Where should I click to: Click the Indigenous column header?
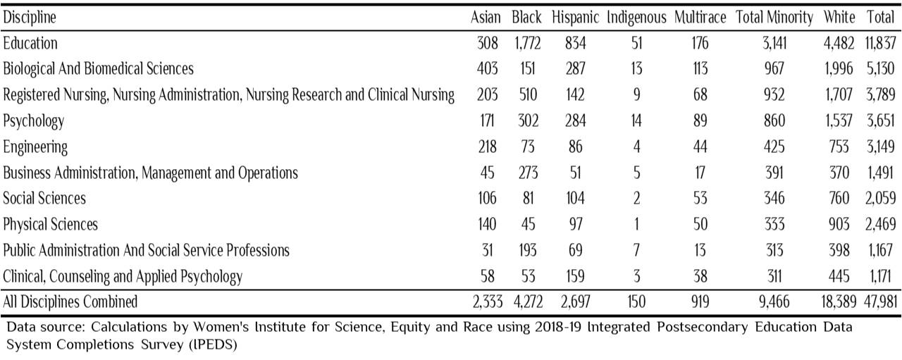coord(636,18)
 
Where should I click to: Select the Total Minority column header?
coord(774,18)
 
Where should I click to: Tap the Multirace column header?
coord(700,18)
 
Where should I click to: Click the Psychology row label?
coord(33,120)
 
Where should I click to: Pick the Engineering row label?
coord(35,147)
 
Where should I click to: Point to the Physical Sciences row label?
coord(50,224)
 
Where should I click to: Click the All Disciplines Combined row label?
coord(70,302)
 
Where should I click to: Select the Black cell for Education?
coord(528,43)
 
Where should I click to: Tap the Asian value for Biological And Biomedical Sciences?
coord(487,68)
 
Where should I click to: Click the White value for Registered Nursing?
coord(839,94)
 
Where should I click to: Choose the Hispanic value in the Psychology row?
coord(575,120)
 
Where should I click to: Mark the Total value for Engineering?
coord(881,147)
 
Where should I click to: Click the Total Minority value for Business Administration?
coord(774,173)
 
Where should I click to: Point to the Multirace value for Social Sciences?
coord(700,198)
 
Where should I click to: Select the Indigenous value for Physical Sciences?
coord(636,224)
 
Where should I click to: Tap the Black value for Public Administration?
coord(528,251)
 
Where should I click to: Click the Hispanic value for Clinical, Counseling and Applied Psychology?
coord(575,276)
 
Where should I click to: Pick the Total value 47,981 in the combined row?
coord(881,302)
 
